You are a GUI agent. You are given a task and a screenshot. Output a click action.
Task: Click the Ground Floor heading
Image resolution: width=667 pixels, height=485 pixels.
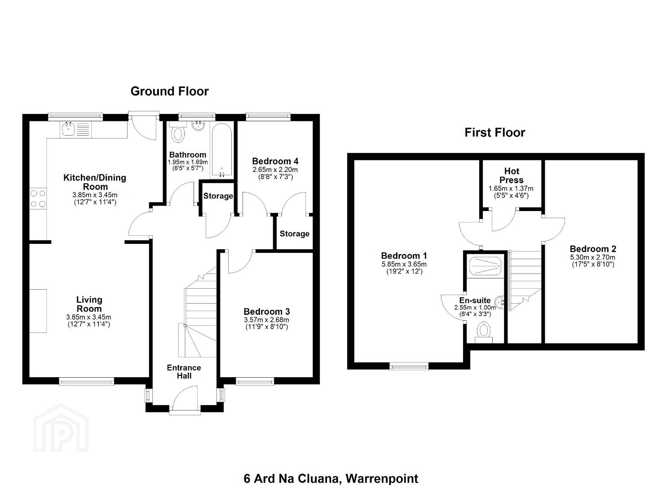pos(169,92)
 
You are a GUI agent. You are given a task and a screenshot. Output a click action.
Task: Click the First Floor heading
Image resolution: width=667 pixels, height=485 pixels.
pos(495,132)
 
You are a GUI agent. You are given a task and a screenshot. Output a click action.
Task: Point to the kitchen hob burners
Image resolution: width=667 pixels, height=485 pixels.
pos(38,198)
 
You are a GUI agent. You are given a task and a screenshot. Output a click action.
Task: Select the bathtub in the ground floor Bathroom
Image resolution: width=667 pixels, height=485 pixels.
pos(221,150)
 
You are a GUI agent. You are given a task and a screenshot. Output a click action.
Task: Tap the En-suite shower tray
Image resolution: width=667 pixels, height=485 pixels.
pos(485,266)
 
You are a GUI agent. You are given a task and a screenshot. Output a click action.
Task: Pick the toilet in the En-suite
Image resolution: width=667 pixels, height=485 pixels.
pos(484,332)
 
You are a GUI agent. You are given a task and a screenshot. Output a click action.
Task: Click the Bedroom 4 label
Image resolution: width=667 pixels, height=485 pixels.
pos(275,161)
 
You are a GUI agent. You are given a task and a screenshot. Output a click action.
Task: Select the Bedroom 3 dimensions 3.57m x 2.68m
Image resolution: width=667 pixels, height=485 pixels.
pos(266,320)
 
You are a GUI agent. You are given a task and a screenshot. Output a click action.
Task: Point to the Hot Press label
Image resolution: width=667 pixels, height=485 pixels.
pos(512,176)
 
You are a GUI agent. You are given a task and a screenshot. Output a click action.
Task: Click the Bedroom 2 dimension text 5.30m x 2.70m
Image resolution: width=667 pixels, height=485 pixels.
pos(592,257)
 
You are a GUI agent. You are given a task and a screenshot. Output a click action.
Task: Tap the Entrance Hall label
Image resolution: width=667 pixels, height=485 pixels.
pos(184,371)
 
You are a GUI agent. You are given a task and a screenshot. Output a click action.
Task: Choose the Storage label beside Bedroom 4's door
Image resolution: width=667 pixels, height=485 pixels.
pos(295,234)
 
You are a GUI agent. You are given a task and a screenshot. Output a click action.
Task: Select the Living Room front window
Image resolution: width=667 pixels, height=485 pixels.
pos(87,381)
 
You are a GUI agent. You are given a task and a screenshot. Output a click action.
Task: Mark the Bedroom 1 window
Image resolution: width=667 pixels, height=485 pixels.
pos(409,366)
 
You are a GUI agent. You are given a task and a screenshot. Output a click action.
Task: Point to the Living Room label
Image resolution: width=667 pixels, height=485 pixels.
pos(89,304)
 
